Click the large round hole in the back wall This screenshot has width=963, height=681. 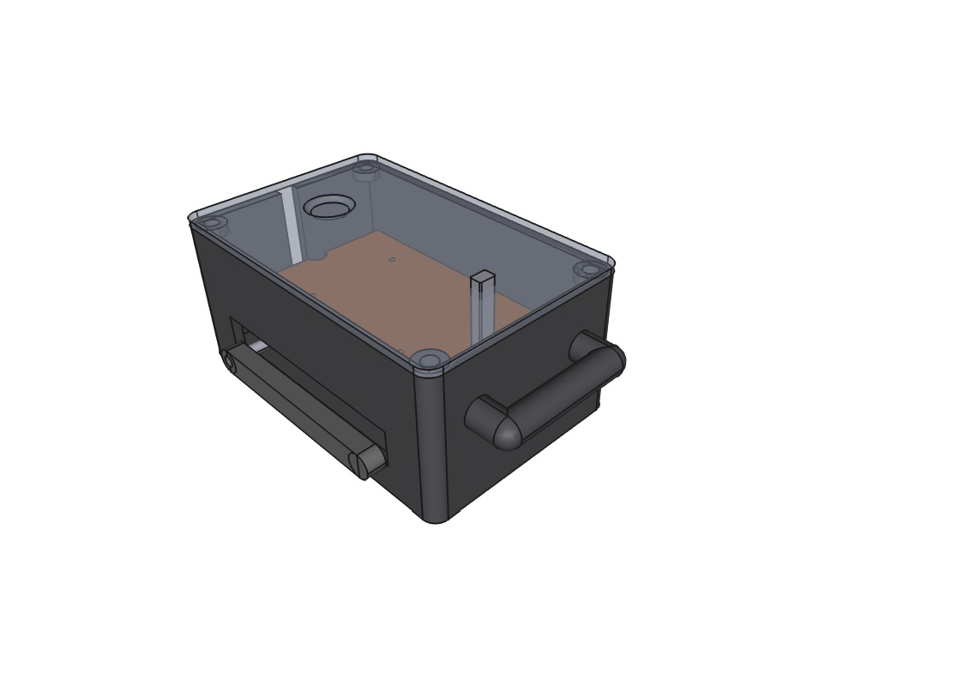pos(329,207)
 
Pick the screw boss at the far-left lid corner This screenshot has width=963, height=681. pos(211,223)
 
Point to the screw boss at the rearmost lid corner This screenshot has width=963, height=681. pos(366,168)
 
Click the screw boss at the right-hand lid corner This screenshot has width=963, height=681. pos(587,269)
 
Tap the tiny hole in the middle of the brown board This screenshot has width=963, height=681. pos(392,259)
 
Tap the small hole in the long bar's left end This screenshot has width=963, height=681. pos(229,361)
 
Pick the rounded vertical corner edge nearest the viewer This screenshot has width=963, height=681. pos(430,446)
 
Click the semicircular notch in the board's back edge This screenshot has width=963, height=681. pos(316,256)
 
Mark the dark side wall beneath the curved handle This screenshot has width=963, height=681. pos(523,463)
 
